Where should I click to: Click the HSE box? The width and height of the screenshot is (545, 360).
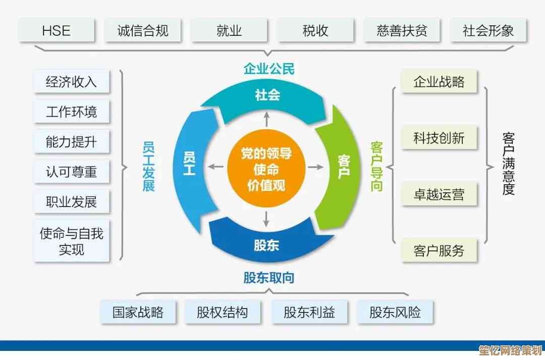pos(57,31)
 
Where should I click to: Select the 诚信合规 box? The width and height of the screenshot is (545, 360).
pos(143,31)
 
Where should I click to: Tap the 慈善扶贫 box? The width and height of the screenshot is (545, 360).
pos(402,31)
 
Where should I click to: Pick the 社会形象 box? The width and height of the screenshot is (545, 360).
pos(488,31)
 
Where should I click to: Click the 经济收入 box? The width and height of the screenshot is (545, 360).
pos(71,82)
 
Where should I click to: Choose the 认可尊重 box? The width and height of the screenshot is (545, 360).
pos(71,172)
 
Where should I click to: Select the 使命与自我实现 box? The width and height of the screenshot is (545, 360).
pos(71,241)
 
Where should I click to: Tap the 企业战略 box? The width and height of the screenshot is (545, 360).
pos(439,82)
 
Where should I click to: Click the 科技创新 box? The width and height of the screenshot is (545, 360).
pos(439,138)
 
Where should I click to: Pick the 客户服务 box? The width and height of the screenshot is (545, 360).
pos(439,250)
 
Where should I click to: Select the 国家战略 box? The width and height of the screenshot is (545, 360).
pos(138,312)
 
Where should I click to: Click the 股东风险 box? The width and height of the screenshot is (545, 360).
pos(395,312)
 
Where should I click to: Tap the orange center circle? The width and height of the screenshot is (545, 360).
pos(266,169)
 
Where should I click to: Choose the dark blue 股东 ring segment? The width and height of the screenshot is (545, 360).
pos(267,242)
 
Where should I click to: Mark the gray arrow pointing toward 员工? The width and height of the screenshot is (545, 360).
pos(215,167)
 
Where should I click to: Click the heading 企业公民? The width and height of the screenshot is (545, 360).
pos(269,69)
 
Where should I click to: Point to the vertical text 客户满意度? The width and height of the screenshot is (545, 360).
pos(509,164)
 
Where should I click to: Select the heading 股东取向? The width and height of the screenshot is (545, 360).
pos(269,278)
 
